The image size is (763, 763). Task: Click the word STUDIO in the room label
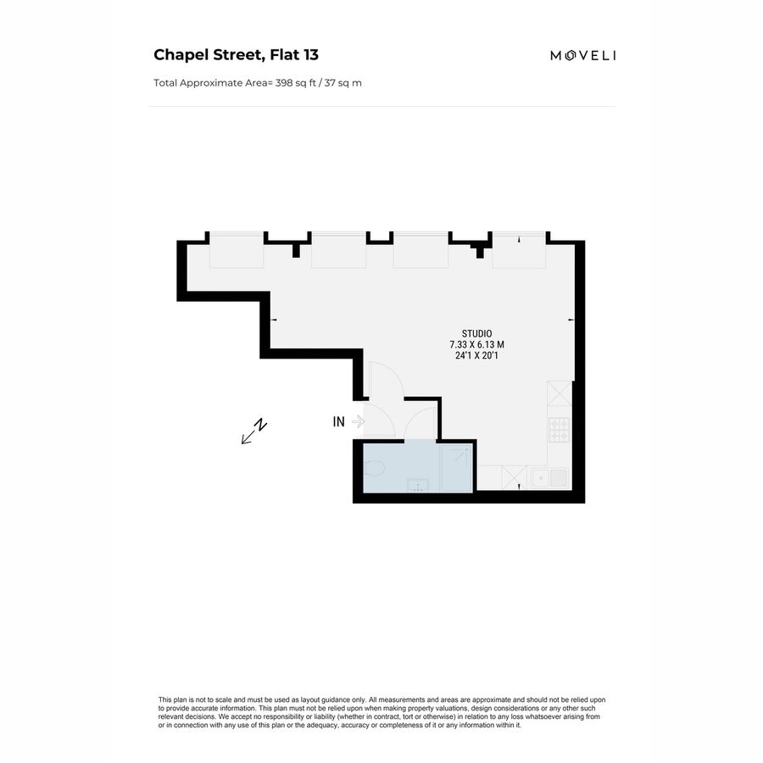(476, 333)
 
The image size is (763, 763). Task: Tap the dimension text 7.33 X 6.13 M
(476, 345)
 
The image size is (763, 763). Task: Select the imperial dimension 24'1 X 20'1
(476, 356)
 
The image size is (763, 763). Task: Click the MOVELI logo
(583, 56)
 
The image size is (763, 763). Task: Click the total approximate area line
(258, 83)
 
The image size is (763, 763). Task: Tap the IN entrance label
(339, 421)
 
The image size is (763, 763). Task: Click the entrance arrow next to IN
(358, 421)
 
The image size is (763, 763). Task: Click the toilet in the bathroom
(376, 467)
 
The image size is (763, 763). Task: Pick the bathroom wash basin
(417, 485)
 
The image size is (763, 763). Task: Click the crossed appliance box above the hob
(560, 393)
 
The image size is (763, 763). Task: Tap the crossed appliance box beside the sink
(514, 478)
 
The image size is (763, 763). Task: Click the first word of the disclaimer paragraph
(165, 699)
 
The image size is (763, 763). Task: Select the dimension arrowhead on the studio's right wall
(571, 320)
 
